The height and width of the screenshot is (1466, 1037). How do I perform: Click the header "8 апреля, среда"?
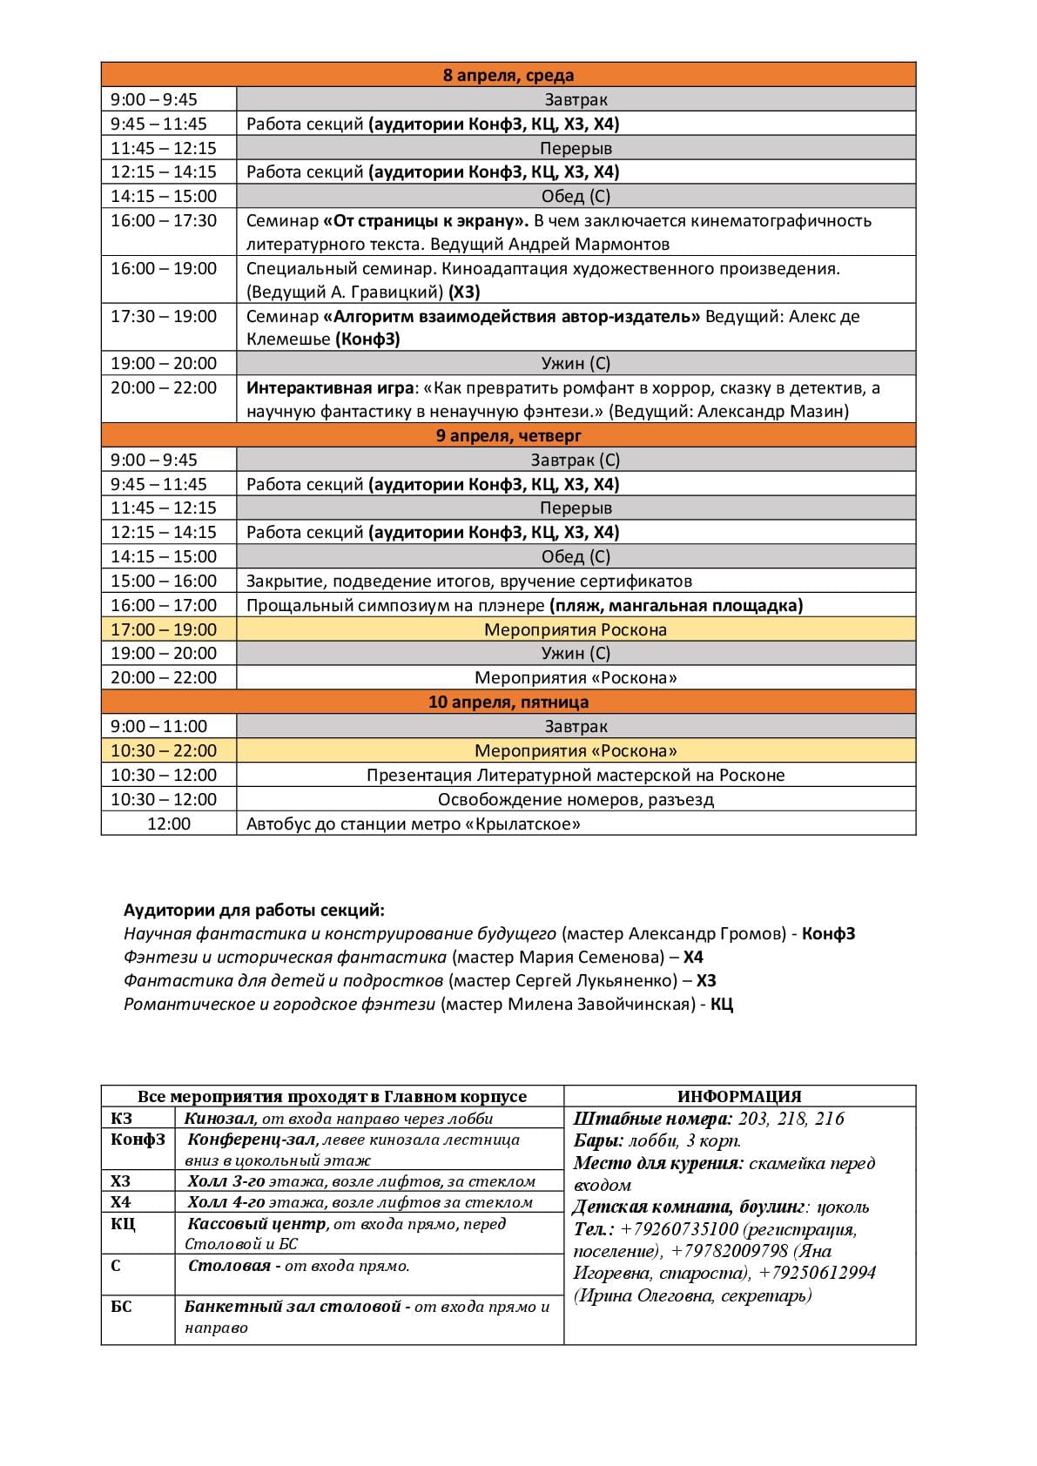(508, 75)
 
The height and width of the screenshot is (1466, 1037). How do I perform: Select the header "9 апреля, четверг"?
(508, 435)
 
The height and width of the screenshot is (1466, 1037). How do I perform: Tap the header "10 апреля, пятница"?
(508, 702)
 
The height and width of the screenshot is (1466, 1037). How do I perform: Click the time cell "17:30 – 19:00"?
(164, 316)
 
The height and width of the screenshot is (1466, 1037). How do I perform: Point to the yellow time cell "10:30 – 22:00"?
(164, 750)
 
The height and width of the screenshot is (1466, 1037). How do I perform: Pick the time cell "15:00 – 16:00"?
(164, 581)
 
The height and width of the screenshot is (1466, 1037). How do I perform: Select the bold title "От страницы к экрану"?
(426, 220)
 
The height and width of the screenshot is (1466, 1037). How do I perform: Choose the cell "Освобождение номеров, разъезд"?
(576, 799)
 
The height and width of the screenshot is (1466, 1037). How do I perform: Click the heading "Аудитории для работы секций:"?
(254, 911)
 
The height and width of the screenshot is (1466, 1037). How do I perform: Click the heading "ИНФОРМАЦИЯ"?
(739, 1097)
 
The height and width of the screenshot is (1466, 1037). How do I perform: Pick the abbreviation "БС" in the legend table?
(121, 1306)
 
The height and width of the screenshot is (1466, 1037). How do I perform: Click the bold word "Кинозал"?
(219, 1119)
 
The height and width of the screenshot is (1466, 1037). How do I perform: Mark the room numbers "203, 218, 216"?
(791, 1119)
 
